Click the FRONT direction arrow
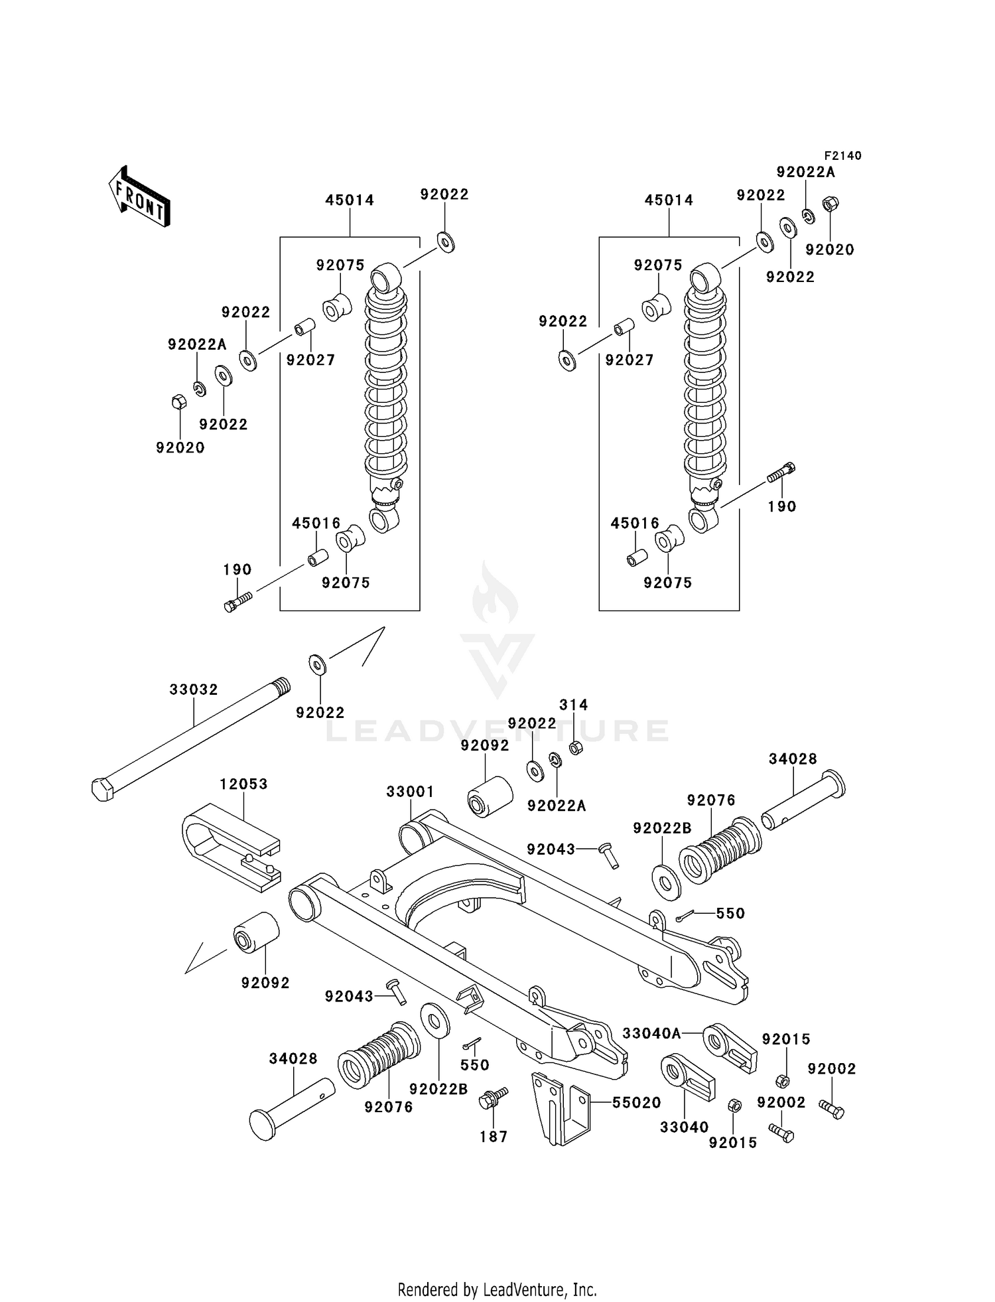pyautogui.click(x=139, y=197)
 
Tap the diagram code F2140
pyautogui.click(x=842, y=155)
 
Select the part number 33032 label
pyautogui.click(x=194, y=689)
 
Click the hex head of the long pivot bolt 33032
pyautogui.click(x=103, y=789)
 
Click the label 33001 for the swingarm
pyautogui.click(x=410, y=792)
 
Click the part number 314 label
pyautogui.click(x=573, y=705)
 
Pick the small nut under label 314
pyautogui.click(x=576, y=748)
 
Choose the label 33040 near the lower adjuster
pyautogui.click(x=684, y=1127)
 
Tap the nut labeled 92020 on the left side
pyautogui.click(x=178, y=401)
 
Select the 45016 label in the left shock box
pyautogui.click(x=316, y=523)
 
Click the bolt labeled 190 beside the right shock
pyautogui.click(x=781, y=472)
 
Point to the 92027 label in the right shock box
pyautogui.click(x=630, y=360)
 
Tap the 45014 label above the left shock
pyautogui.click(x=350, y=200)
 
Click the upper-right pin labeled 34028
pyautogui.click(x=804, y=800)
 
